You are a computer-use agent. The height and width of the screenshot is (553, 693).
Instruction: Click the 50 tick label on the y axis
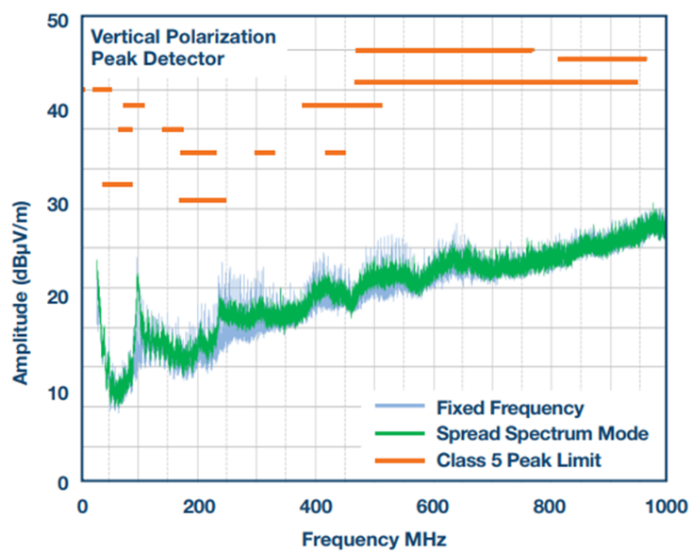tap(58, 21)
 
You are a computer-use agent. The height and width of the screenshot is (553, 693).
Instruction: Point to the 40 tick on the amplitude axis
tap(58, 111)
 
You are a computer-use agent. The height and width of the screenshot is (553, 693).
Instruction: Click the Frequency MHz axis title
tap(368, 539)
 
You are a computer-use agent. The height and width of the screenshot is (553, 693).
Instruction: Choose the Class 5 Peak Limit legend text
tap(520, 460)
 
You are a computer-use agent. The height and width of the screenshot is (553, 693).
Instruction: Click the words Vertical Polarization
tap(183, 38)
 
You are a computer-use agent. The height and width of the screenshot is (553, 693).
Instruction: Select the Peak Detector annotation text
tap(157, 59)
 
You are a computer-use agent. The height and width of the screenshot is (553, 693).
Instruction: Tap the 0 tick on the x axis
tap(82, 506)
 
